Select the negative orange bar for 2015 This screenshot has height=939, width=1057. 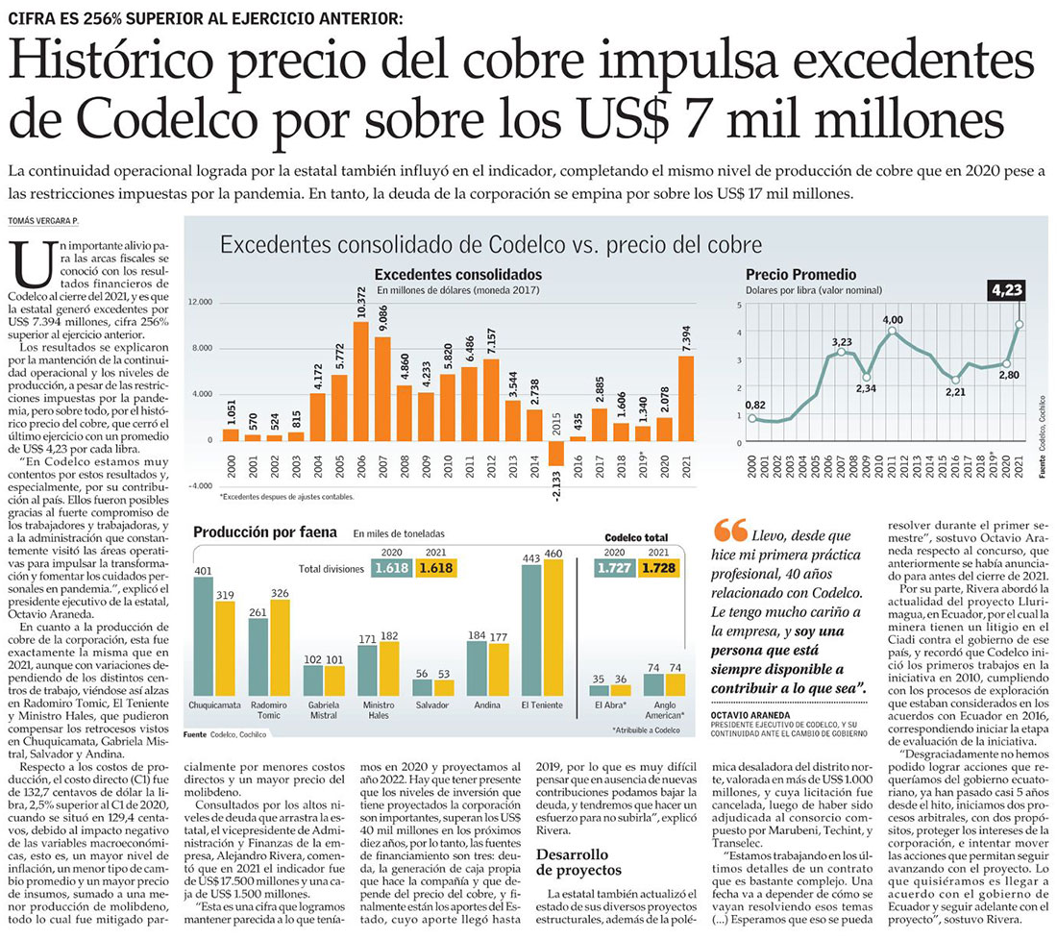coord(555,454)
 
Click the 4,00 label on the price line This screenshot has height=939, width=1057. coord(893,319)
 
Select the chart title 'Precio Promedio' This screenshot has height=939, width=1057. coord(800,275)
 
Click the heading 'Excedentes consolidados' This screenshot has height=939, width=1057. coord(457,274)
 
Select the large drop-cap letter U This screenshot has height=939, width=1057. coord(33,268)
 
